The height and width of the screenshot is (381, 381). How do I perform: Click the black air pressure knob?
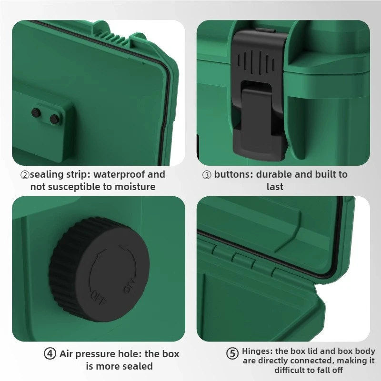[100, 270]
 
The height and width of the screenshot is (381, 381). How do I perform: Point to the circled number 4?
[50, 354]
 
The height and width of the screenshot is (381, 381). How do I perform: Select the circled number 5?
[232, 354]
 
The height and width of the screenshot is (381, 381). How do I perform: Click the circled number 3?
[207, 175]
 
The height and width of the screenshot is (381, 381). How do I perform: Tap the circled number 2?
[24, 175]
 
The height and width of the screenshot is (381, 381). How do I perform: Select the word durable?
[275, 174]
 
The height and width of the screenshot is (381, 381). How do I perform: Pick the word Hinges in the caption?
[256, 351]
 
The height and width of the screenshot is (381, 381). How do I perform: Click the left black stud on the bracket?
[35, 112]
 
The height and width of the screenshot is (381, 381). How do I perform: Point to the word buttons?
[233, 174]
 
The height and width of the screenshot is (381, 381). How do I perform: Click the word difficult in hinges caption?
[292, 370]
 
